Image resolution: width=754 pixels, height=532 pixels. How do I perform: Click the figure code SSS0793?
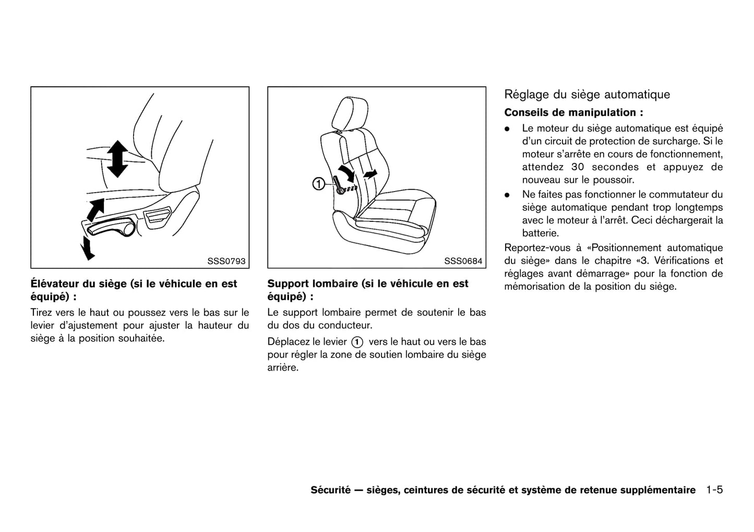226,261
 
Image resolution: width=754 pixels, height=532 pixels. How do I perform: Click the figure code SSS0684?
463,261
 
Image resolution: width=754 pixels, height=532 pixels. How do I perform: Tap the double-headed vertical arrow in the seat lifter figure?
117,158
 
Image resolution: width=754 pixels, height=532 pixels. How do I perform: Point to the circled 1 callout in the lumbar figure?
318,184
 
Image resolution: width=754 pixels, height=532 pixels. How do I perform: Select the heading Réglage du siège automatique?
587,94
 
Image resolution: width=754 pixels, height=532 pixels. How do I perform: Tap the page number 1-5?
714,490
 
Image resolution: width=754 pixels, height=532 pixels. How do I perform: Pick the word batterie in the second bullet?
540,233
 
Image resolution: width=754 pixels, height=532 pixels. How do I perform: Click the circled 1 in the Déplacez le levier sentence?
357,342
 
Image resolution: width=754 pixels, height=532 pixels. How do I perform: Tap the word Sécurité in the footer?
330,490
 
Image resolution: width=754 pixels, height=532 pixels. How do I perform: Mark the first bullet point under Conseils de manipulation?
507,128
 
